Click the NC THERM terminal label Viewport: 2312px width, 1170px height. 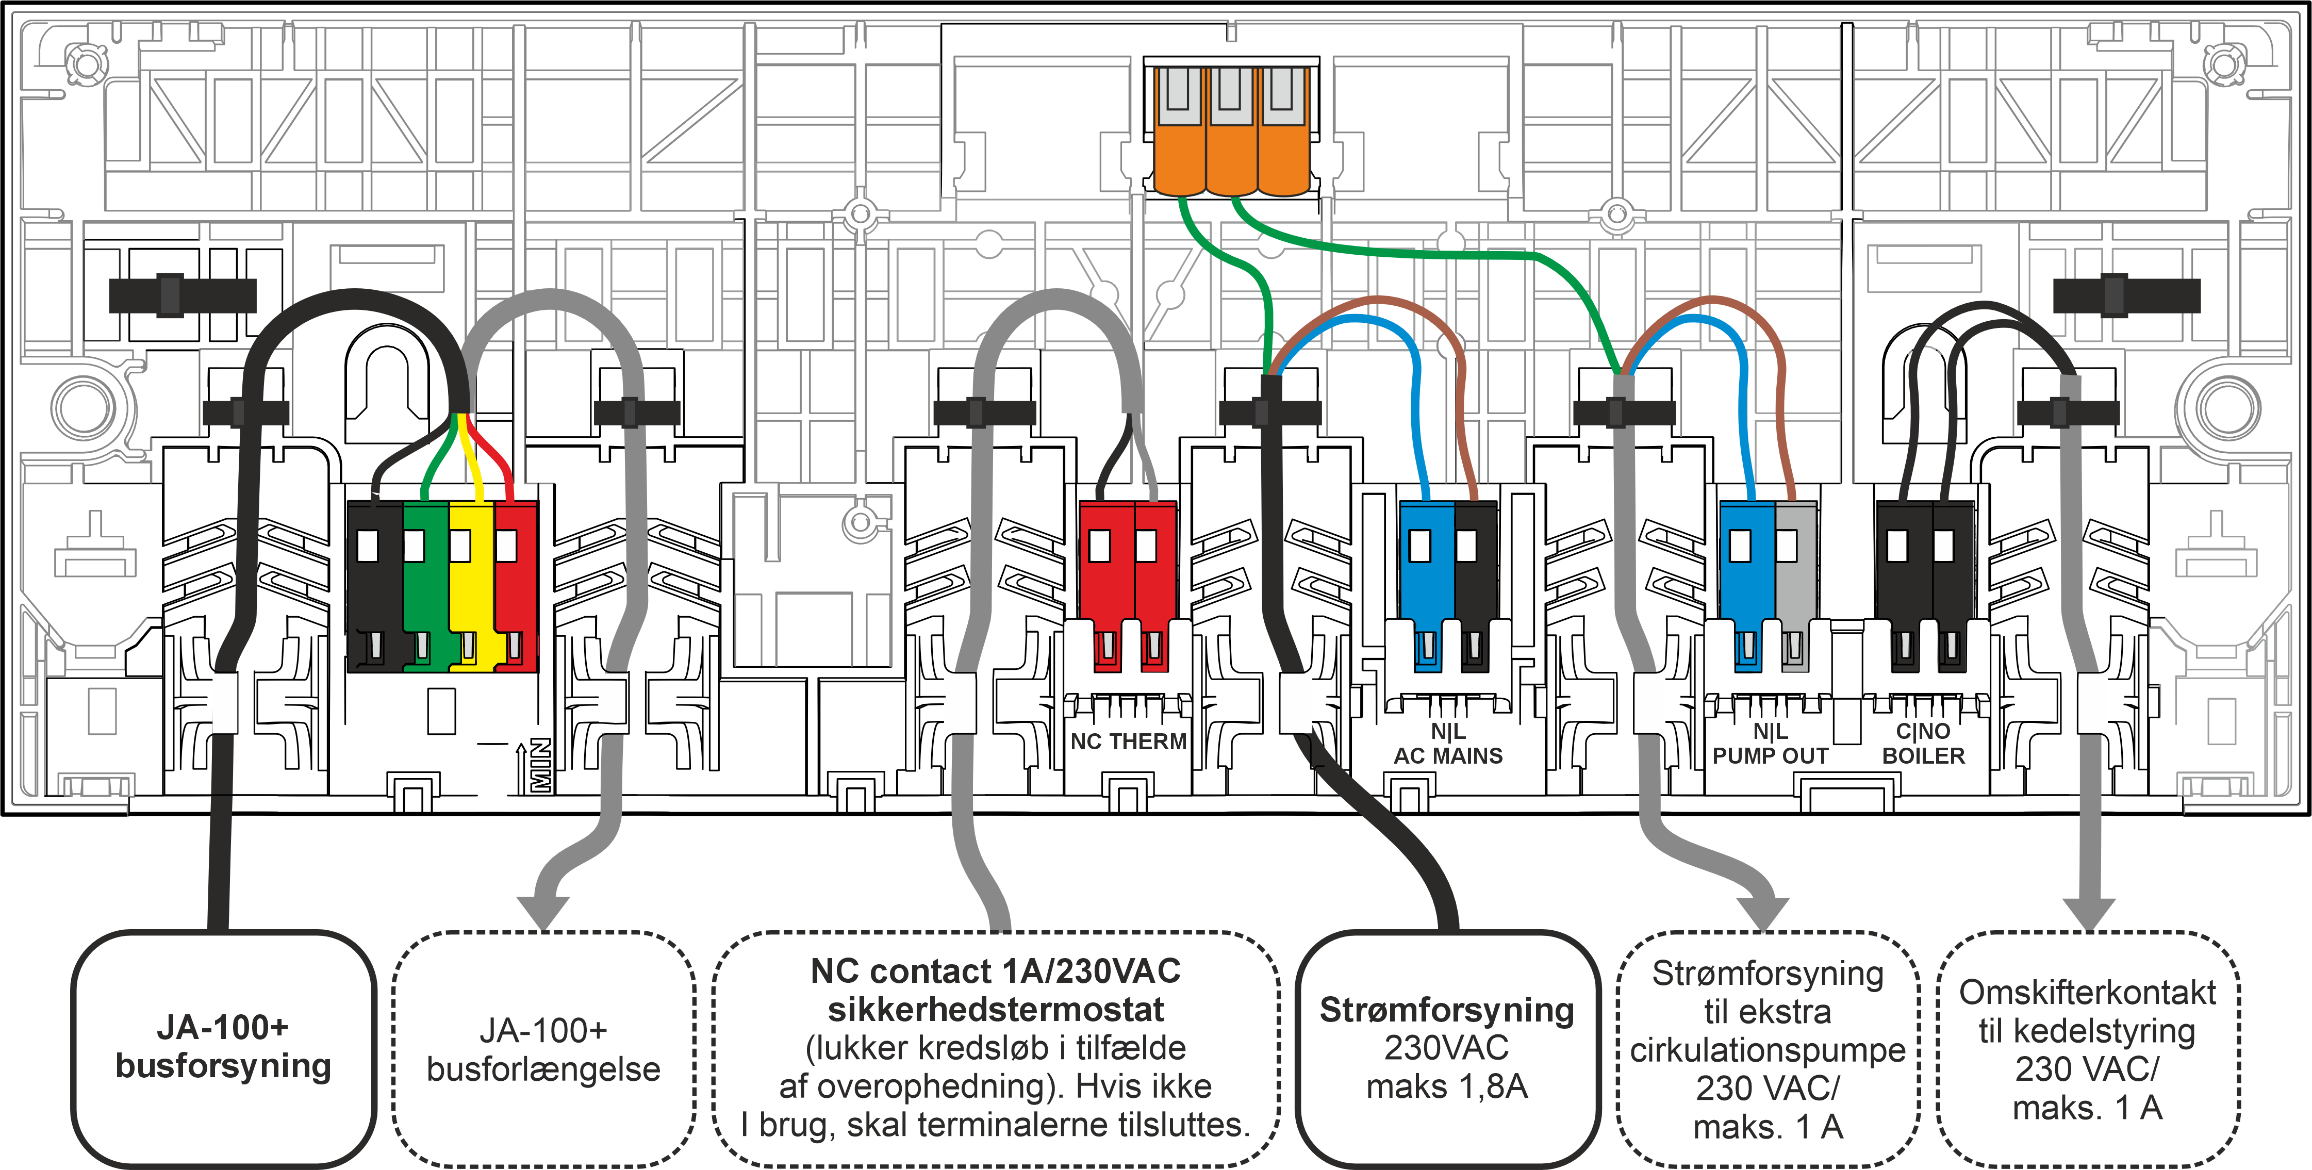pyautogui.click(x=1128, y=741)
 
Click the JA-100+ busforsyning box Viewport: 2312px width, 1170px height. pyautogui.click(x=223, y=1047)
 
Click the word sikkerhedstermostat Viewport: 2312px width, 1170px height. pyautogui.click(x=995, y=1010)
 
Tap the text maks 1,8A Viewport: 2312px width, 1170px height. pyautogui.click(x=1447, y=1086)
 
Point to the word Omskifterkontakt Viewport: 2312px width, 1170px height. pyautogui.click(x=2088, y=992)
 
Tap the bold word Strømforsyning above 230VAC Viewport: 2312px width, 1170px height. pyautogui.click(x=1447, y=1010)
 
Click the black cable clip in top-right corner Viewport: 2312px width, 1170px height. pyautogui.click(x=2126, y=294)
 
